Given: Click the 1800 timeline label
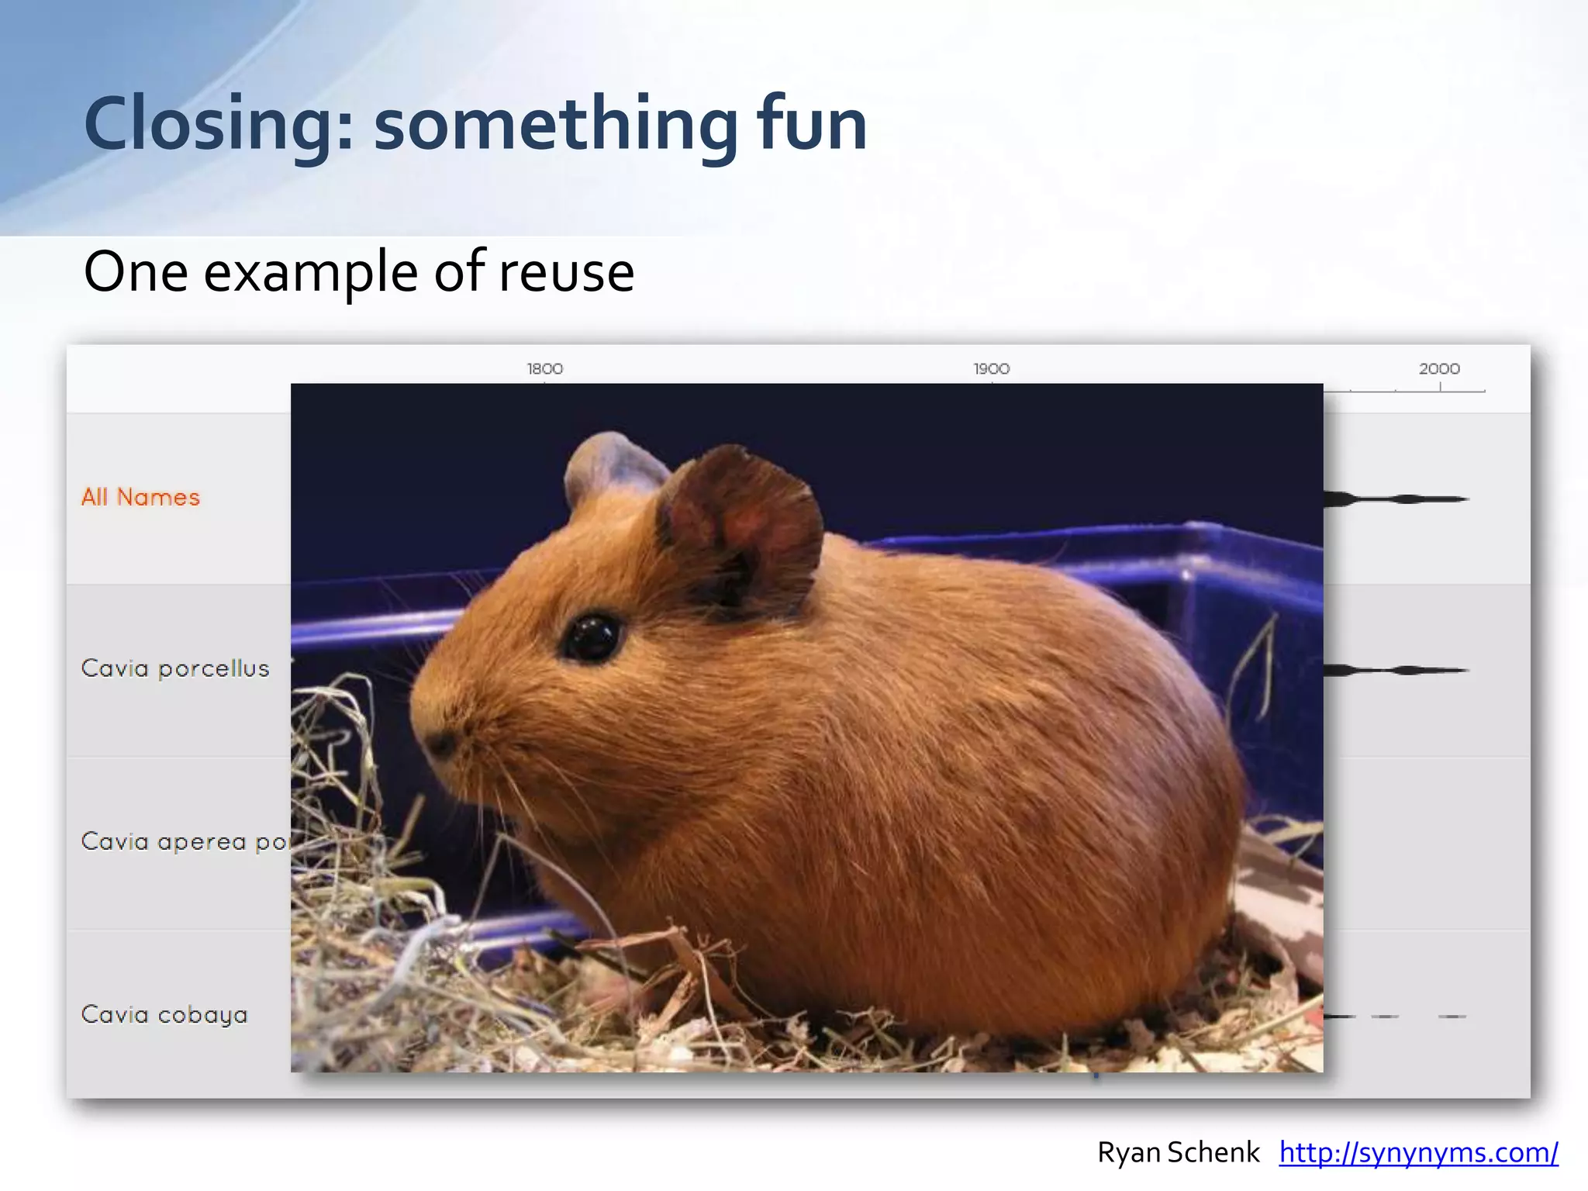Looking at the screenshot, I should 544,369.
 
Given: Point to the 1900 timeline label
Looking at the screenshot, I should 992,369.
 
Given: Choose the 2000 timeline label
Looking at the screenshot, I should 1439,369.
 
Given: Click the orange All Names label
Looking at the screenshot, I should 140,497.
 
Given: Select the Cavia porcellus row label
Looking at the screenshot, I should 175,668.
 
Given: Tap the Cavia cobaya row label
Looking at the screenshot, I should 164,1014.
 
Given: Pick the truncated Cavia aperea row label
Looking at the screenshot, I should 185,841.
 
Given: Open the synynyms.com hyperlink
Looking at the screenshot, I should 1418,1153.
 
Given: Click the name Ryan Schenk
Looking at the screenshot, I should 1178,1153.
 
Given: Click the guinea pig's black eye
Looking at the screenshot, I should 592,637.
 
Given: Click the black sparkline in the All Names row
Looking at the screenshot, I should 1396,499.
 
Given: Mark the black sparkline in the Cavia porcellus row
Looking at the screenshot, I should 1396,670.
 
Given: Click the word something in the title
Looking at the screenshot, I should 555,124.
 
